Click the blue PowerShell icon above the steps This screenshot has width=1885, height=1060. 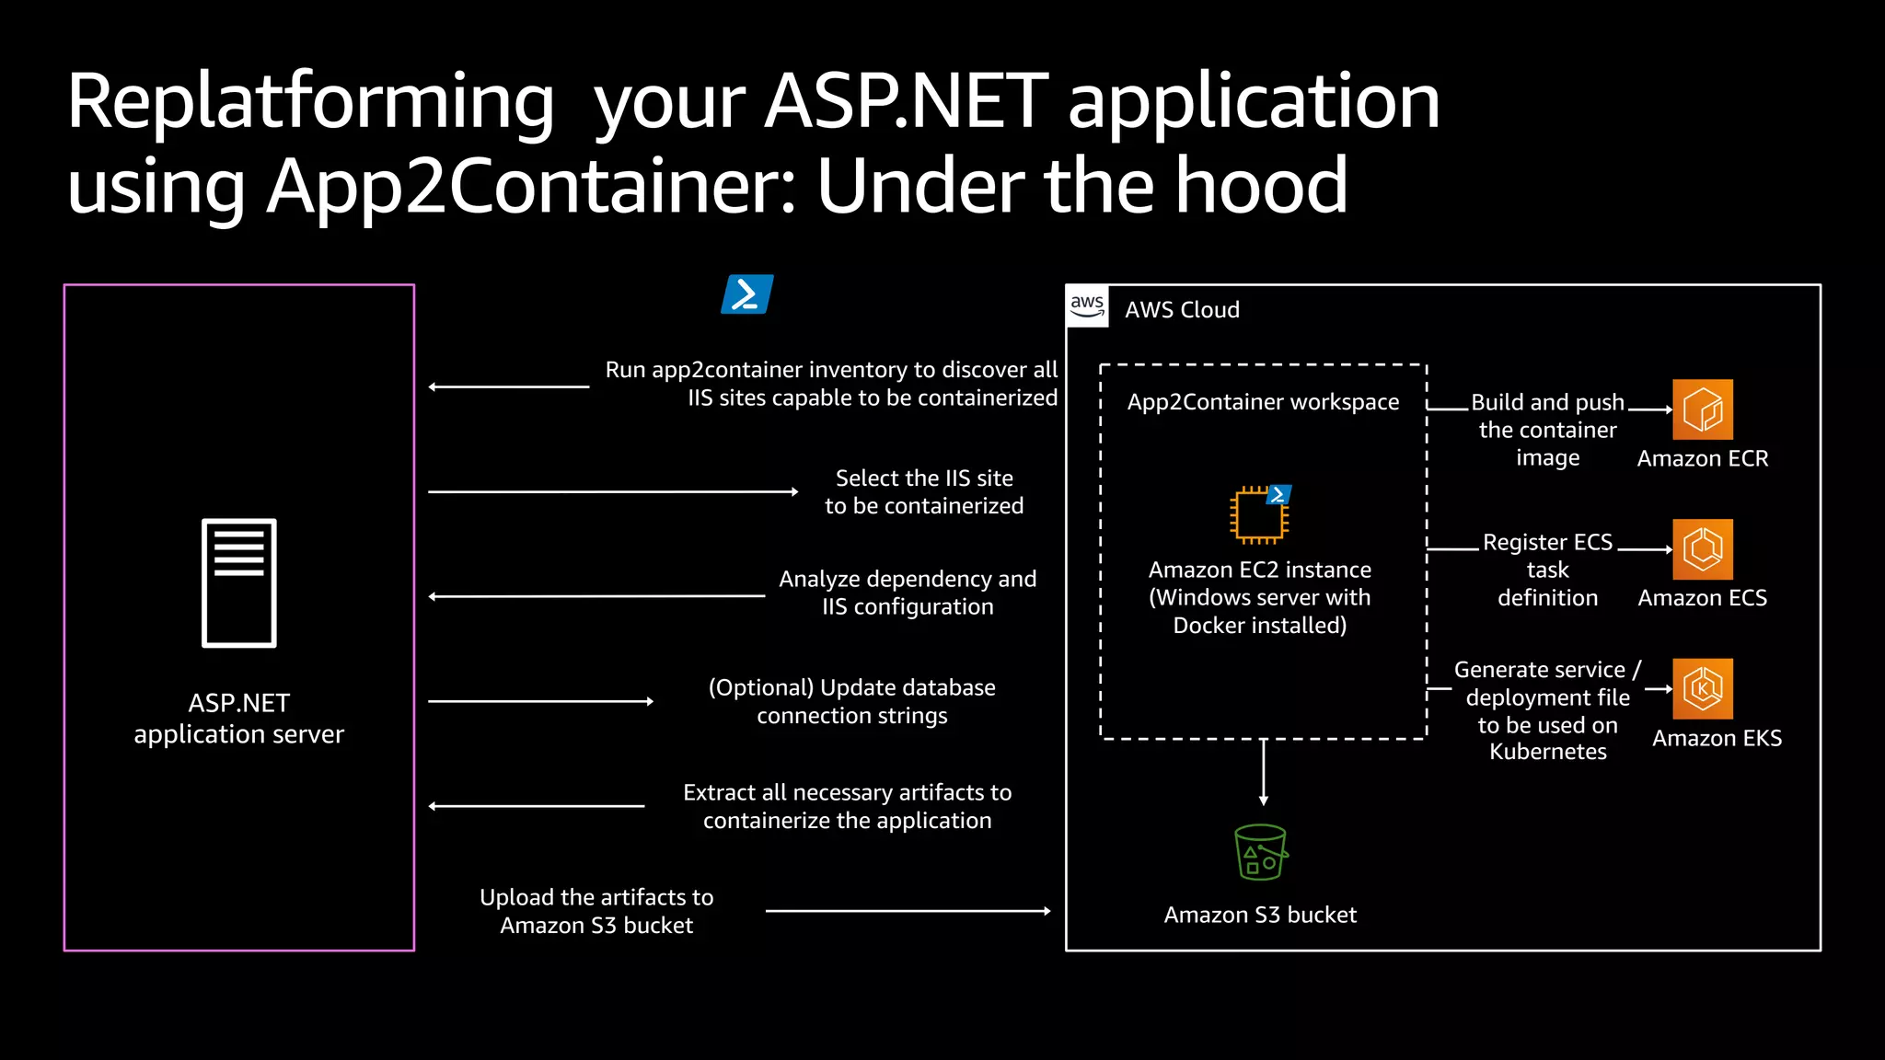(746, 294)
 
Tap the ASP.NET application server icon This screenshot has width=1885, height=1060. (239, 582)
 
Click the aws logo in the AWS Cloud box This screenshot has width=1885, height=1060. (1087, 306)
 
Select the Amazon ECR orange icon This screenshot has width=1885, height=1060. (1702, 409)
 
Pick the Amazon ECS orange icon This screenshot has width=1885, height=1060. (1702, 549)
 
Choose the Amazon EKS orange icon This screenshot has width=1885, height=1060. (1702, 688)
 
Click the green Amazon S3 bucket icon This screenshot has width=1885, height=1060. (1260, 852)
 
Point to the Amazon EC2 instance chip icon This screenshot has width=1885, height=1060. (1258, 514)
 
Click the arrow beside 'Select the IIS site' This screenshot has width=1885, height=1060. (612, 492)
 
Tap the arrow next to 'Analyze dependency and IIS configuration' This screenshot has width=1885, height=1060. (596, 596)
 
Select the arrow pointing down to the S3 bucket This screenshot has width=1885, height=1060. (1264, 773)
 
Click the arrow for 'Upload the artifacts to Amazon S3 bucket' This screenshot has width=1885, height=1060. (908, 911)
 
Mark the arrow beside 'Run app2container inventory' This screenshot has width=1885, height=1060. (508, 386)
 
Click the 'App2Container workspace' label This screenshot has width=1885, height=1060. (1263, 402)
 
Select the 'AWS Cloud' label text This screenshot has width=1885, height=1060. (1182, 310)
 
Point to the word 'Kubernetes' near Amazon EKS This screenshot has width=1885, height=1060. (1547, 752)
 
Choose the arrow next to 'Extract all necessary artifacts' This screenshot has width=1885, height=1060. (536, 806)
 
